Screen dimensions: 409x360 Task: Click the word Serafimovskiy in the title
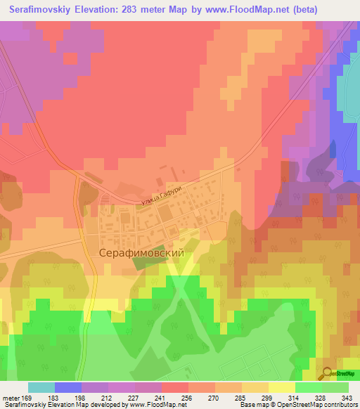(45, 11)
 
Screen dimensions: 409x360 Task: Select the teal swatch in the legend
(41, 387)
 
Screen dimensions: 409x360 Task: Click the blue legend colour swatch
(68, 387)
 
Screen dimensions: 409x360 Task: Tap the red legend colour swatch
(175, 387)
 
